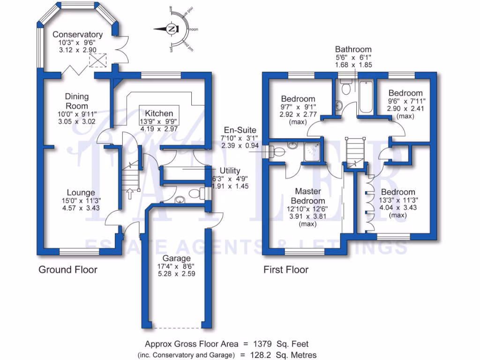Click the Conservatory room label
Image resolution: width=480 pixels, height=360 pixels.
[x=77, y=34]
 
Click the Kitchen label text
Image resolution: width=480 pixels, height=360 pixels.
[x=159, y=113]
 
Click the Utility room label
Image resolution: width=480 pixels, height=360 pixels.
[x=230, y=170]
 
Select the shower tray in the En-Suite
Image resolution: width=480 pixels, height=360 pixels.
[x=311, y=151]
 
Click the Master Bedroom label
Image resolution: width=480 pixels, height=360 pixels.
[x=307, y=195]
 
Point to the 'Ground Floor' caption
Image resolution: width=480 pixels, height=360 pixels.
[x=68, y=270]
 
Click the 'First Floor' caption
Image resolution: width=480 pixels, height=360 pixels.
[x=286, y=270]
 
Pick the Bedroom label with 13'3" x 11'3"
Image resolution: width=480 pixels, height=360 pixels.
[x=397, y=192]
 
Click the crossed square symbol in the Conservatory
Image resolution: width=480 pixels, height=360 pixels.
[x=98, y=60]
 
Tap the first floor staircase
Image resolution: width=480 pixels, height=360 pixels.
[x=354, y=150]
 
